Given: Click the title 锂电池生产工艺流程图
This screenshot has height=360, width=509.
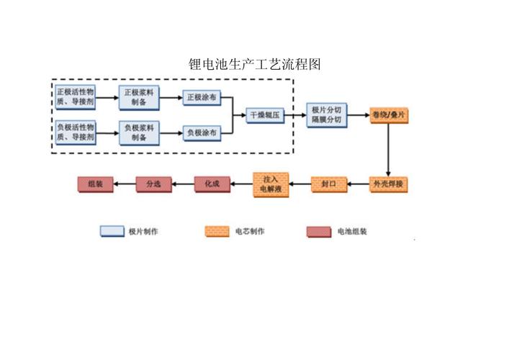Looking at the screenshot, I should tap(254, 64).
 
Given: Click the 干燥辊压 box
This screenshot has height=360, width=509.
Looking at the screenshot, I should tap(265, 114).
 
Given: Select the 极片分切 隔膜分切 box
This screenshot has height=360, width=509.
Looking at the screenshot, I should tap(327, 114).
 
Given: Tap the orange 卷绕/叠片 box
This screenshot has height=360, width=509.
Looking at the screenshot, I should tap(389, 114).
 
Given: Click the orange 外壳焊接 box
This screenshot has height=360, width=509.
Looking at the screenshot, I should tap(389, 184).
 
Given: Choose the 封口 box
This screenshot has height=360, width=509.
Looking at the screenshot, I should tap(328, 184).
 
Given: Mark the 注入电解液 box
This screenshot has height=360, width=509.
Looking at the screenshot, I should tap(271, 184).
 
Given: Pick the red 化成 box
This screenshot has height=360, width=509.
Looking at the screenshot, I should tap(212, 184).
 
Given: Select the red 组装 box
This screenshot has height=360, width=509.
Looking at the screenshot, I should tap(95, 184).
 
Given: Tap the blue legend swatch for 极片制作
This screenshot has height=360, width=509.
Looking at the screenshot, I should tap(112, 231).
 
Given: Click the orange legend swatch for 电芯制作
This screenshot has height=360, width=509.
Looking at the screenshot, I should tap(217, 231).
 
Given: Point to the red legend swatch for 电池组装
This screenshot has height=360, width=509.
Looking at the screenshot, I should tap(318, 231).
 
